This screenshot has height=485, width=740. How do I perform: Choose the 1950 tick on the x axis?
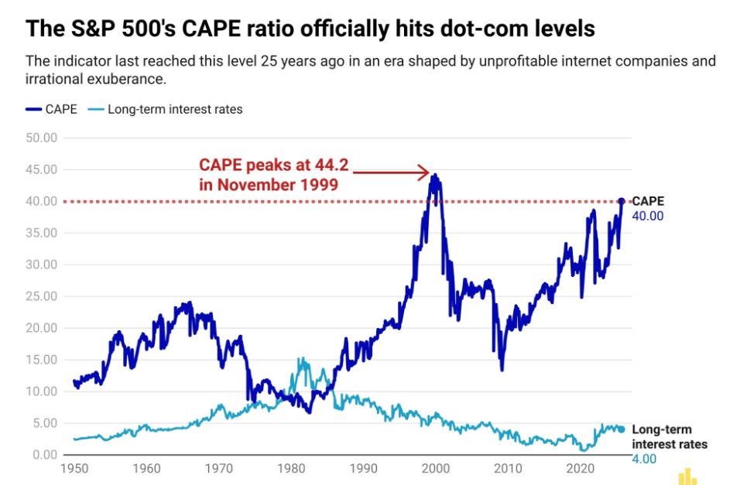pyautogui.click(x=74, y=469)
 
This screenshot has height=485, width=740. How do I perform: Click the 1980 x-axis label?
pyautogui.click(x=291, y=469)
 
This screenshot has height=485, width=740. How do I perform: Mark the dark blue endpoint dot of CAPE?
pyautogui.click(x=621, y=201)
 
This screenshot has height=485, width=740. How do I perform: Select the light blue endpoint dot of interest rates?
pyautogui.click(x=621, y=429)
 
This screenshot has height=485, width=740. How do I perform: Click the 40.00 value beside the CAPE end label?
pyautogui.click(x=648, y=216)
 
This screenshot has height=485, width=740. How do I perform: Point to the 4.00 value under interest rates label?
pyautogui.click(x=644, y=459)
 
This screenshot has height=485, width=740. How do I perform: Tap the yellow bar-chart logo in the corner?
pyautogui.click(x=687, y=476)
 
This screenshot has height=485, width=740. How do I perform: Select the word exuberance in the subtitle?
pyautogui.click(x=135, y=79)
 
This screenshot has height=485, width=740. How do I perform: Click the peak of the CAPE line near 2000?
pyautogui.click(x=435, y=176)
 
